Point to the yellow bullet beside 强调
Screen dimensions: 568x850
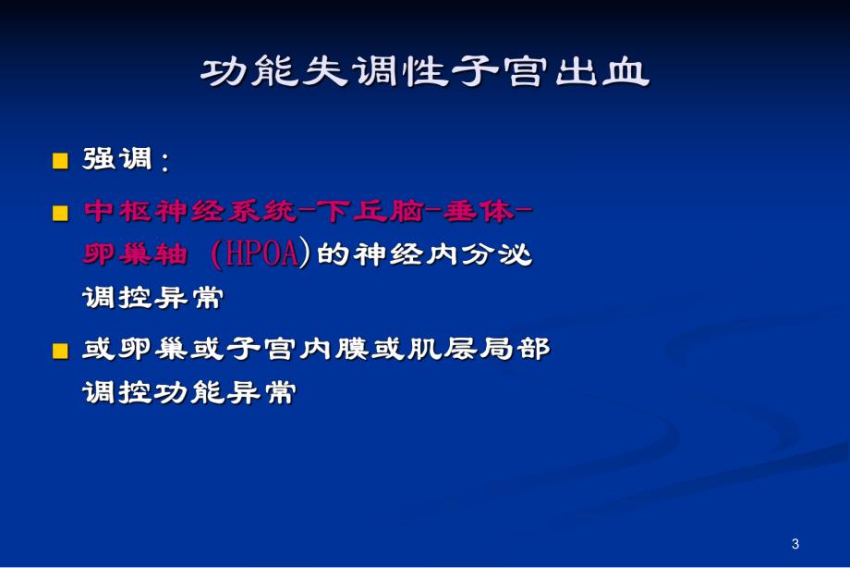tap(61, 161)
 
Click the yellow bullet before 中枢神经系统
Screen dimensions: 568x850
tap(61, 214)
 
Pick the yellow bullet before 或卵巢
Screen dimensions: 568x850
tap(61, 351)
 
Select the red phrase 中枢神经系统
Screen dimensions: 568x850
tap(193, 212)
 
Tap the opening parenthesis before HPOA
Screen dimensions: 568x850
tap(216, 255)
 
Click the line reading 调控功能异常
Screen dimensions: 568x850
tap(188, 393)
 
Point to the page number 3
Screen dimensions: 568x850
tap(795, 543)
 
